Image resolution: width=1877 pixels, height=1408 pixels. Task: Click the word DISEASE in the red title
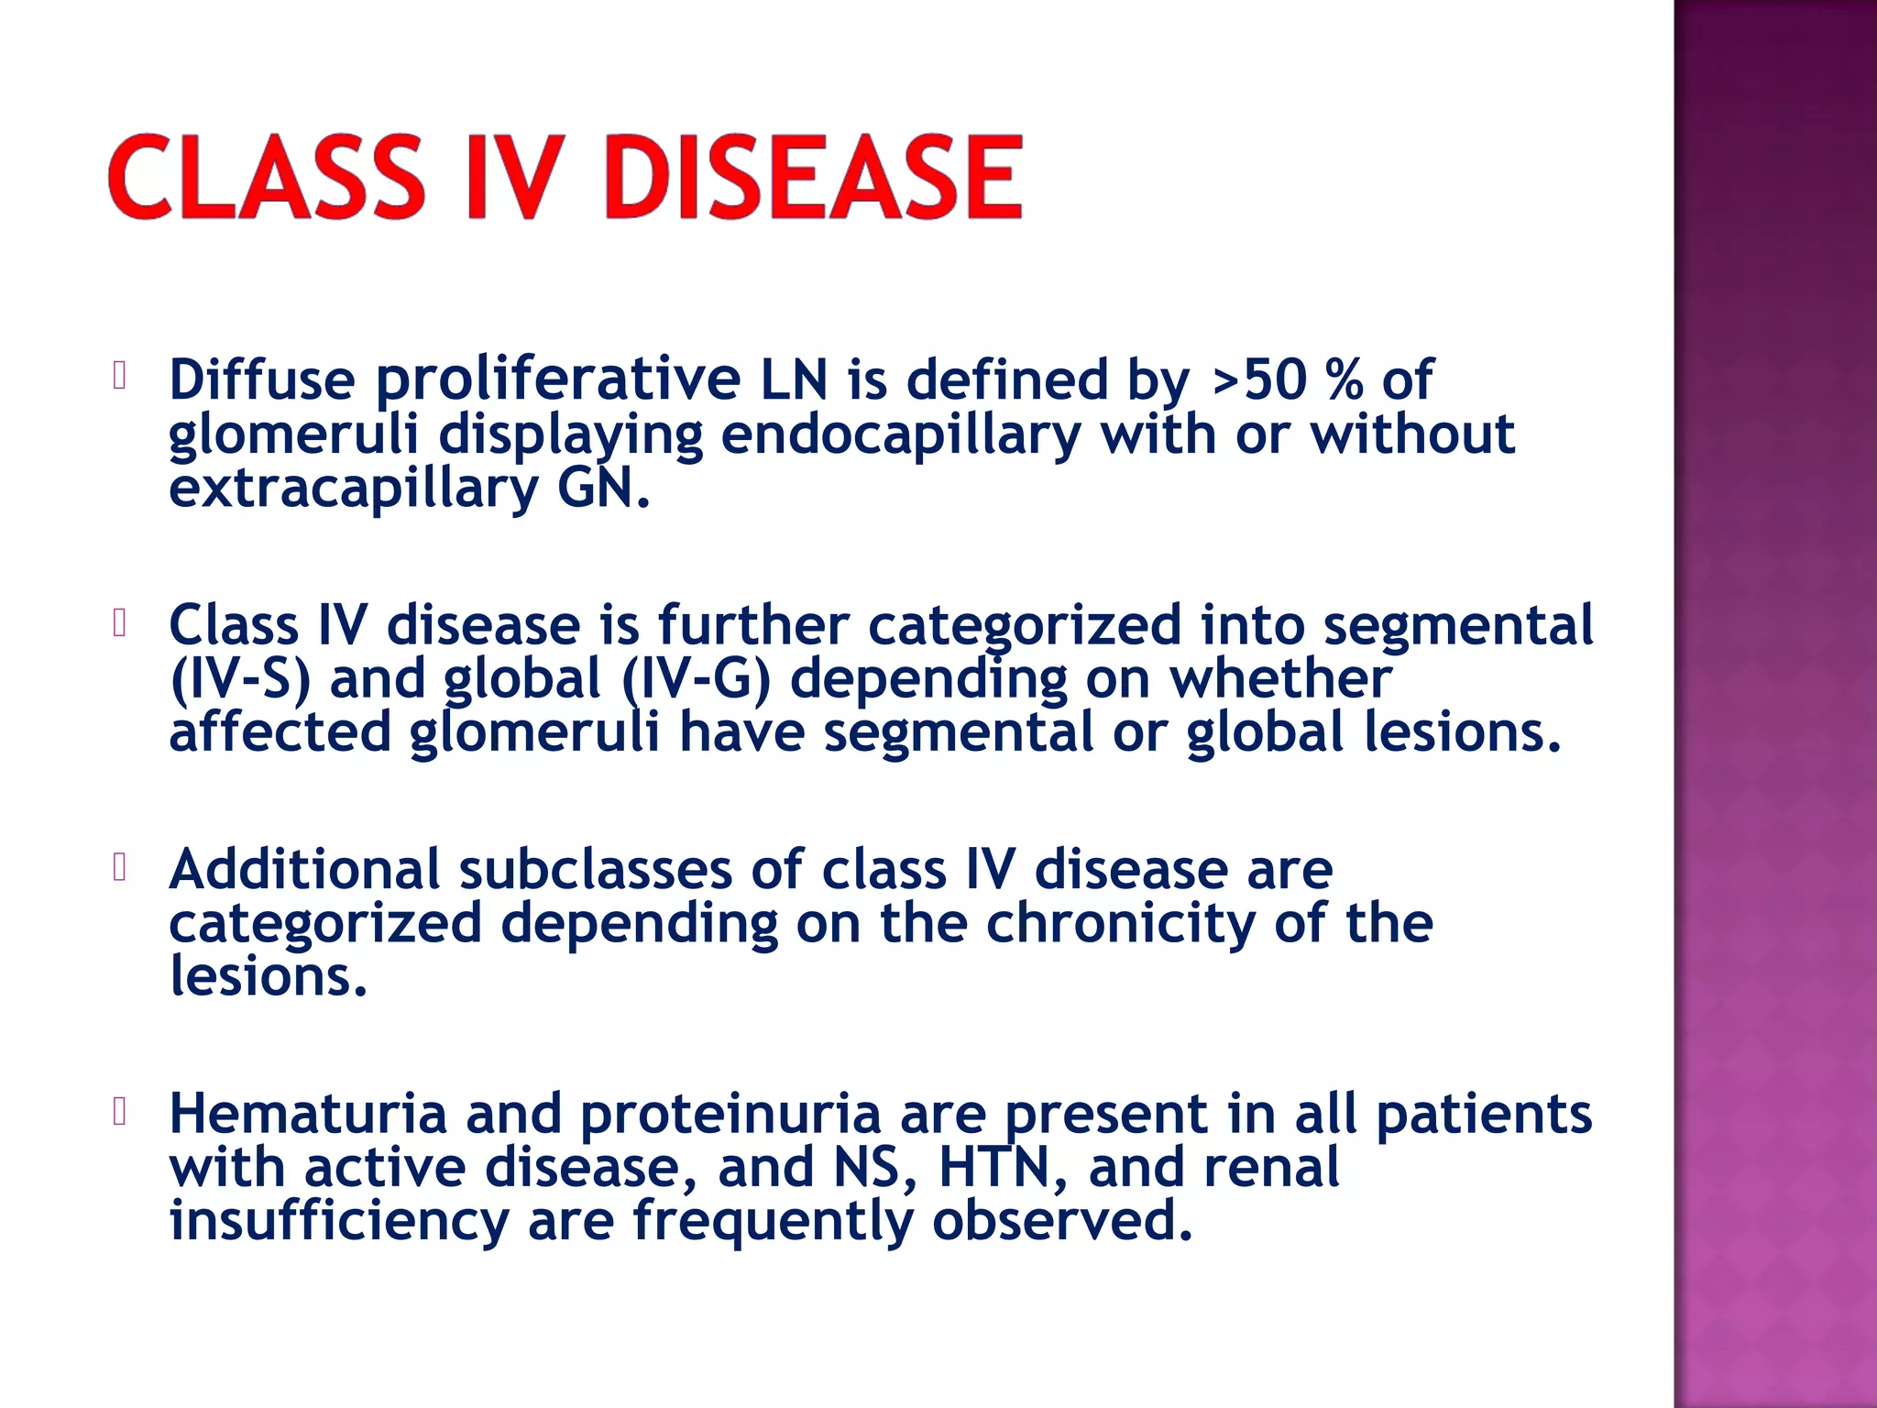[x=812, y=177]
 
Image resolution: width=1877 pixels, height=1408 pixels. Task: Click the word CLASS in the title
[x=267, y=177]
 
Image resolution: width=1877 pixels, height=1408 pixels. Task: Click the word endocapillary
[x=900, y=434]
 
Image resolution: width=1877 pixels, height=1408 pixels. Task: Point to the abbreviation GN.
[x=602, y=489]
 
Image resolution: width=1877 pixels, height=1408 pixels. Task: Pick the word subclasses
[x=595, y=870]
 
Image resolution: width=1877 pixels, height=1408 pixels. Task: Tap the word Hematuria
[x=308, y=1115]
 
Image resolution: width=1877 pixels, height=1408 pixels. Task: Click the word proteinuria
[x=730, y=1115]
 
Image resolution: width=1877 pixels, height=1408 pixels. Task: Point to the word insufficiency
[x=339, y=1223]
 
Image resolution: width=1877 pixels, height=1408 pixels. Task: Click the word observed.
[x=1062, y=1223]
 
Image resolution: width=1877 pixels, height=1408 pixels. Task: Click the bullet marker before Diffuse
[x=119, y=376]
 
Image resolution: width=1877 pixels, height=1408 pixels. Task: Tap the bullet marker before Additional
[x=119, y=866]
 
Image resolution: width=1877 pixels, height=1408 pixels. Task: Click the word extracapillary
[x=354, y=489]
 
